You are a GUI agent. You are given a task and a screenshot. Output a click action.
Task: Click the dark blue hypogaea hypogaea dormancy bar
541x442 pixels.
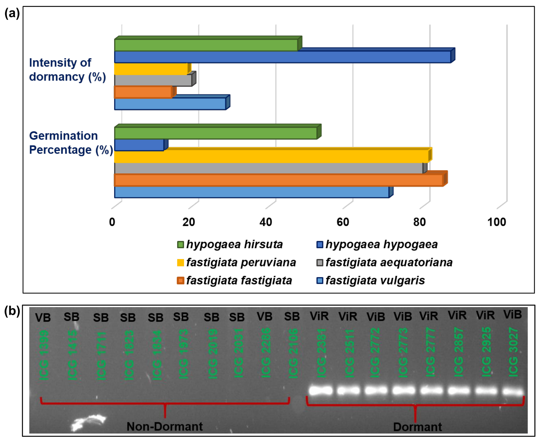tap(283, 57)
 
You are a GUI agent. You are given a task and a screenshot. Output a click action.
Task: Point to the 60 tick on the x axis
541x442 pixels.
tap(343, 222)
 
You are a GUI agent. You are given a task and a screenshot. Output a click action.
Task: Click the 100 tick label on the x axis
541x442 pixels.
tap(496, 222)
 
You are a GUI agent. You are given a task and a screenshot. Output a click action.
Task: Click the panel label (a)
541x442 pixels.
tap(12, 13)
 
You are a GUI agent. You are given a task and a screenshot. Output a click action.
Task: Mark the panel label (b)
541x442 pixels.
tap(12, 311)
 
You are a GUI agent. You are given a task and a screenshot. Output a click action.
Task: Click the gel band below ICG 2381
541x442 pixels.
tap(321, 390)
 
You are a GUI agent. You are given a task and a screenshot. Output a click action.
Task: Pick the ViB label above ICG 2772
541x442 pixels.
tap(376, 317)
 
